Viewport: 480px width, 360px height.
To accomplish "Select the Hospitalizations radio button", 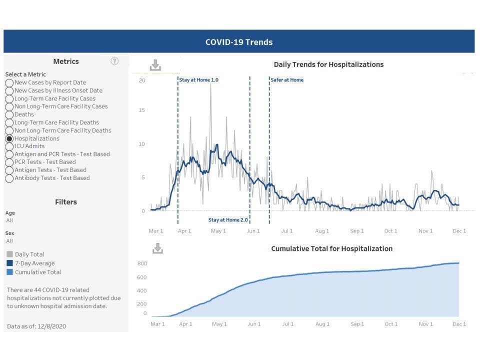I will [9, 138].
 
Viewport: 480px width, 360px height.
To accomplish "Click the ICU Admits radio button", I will [9, 146].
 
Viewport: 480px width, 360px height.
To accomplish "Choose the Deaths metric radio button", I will [9, 114].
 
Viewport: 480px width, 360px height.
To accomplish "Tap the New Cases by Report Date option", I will [9, 82].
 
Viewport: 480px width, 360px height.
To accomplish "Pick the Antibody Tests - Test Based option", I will [9, 178].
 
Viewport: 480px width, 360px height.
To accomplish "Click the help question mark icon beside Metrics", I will [114, 61].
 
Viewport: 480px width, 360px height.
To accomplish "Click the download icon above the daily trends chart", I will [155, 65].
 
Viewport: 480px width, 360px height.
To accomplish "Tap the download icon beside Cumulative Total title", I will [157, 248].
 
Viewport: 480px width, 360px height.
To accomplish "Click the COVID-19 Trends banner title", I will [239, 42].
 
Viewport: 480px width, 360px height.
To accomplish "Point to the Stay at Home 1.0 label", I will [199, 80].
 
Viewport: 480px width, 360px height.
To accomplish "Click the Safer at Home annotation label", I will [287, 80].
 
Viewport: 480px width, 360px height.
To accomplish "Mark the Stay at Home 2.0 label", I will [228, 220].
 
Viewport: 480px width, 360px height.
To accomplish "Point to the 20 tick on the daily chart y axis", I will [142, 80].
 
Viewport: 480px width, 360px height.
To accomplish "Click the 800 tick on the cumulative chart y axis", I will [142, 263].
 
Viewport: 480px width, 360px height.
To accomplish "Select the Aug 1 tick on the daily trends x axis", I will [322, 231].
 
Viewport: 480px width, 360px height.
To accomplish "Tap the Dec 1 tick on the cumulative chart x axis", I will [458, 324].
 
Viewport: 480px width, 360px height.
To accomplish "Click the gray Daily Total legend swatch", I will [10, 254].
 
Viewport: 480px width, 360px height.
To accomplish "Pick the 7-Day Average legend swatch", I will [10, 263].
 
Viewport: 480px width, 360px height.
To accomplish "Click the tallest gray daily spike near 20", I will [210, 85].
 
